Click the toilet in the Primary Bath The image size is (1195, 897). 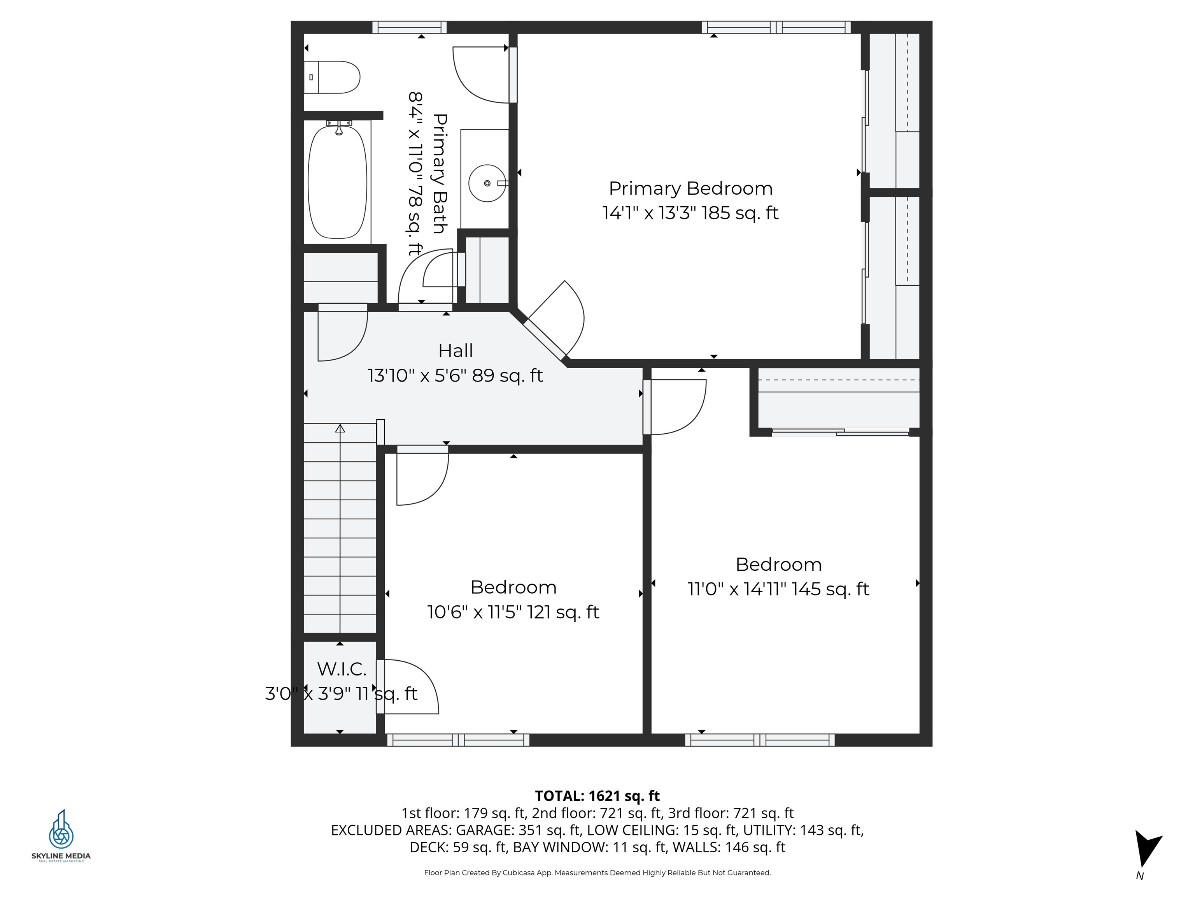pyautogui.click(x=332, y=77)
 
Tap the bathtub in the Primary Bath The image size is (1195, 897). pyautogui.click(x=338, y=182)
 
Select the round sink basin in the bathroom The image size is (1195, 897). pyautogui.click(x=487, y=183)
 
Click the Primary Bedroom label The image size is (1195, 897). pyautogui.click(x=690, y=189)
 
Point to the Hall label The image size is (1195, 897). pyautogui.click(x=456, y=351)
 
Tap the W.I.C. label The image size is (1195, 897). pyautogui.click(x=342, y=669)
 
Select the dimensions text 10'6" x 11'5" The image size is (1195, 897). pyautogui.click(x=475, y=612)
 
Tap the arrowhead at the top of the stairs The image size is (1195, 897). pyautogui.click(x=340, y=428)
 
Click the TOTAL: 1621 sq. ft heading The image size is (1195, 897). pyautogui.click(x=597, y=796)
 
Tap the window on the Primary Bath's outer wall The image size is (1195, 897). pyautogui.click(x=410, y=27)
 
